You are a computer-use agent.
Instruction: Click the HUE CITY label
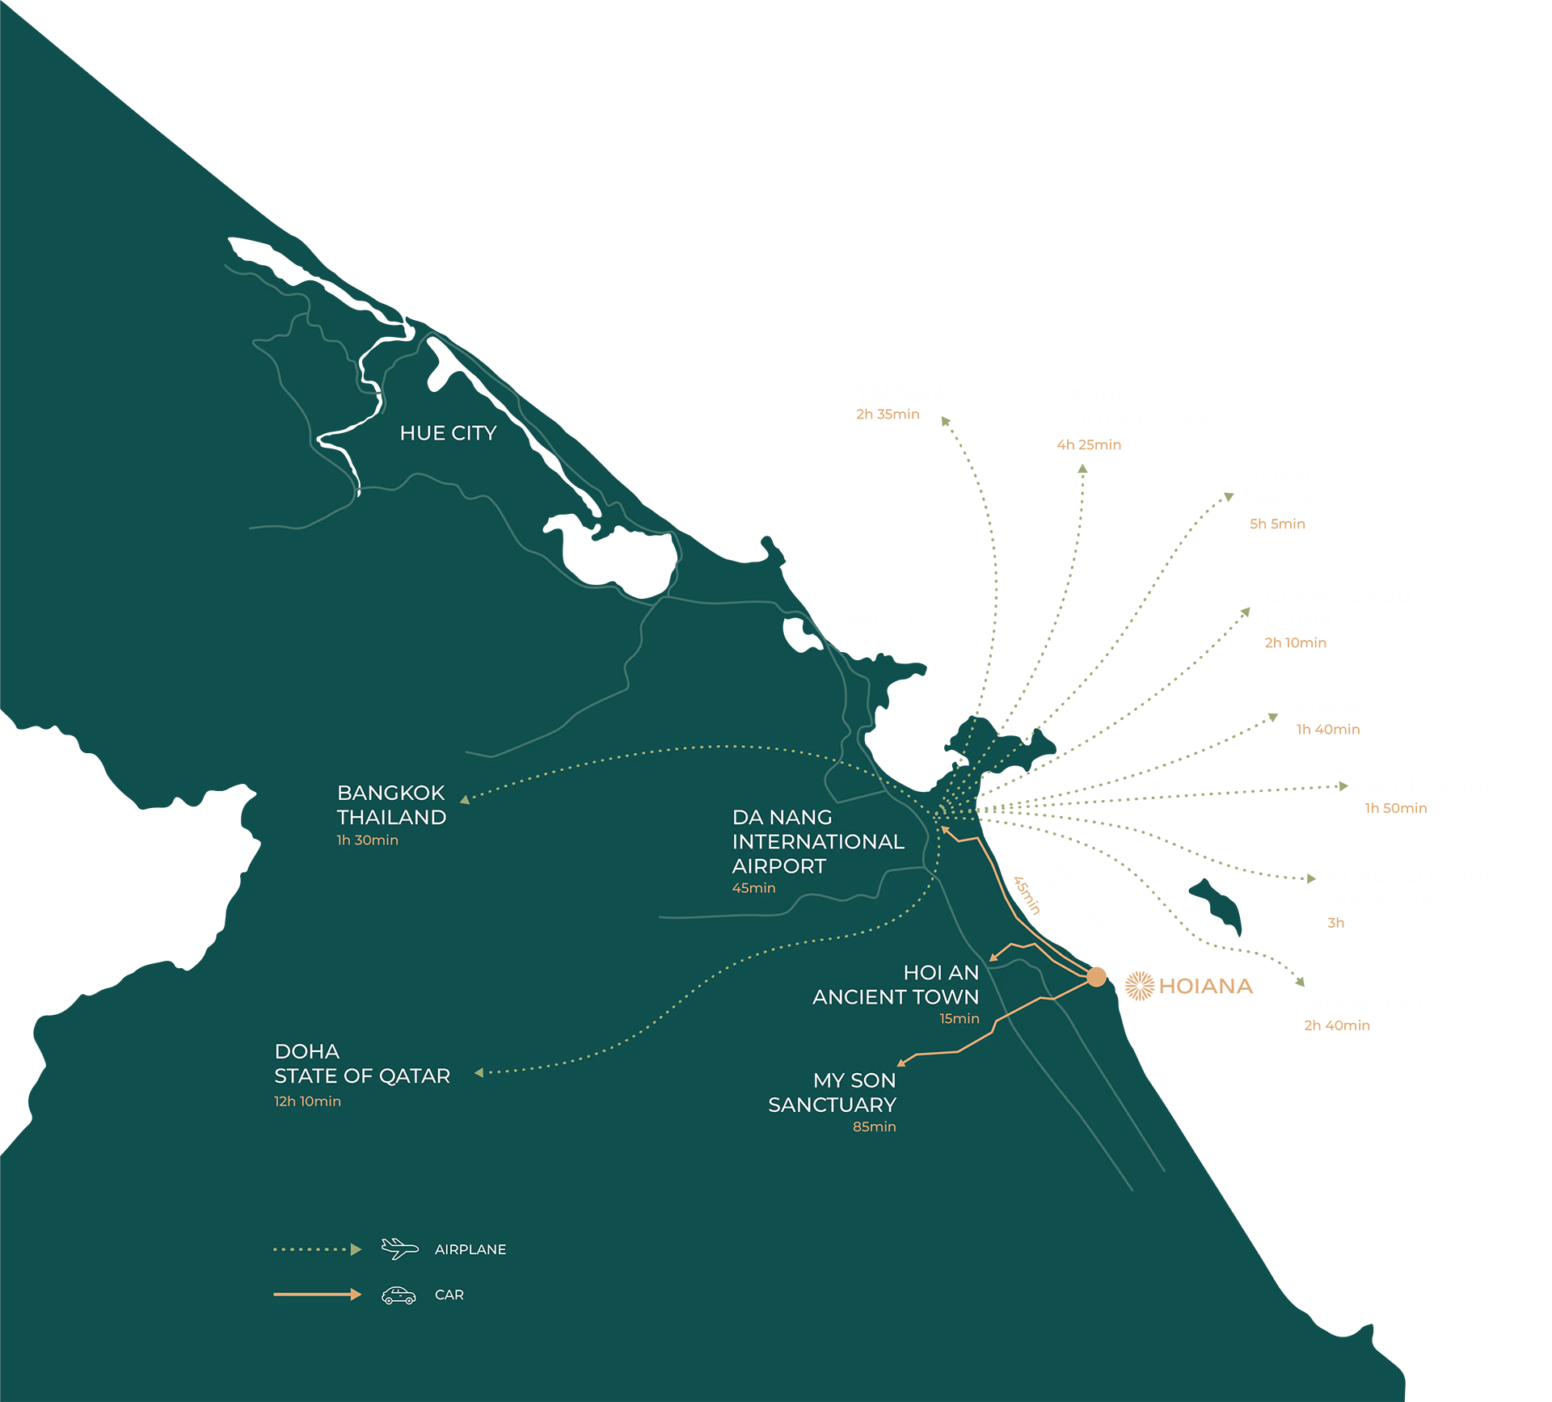(x=448, y=433)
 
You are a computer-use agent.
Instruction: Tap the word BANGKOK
(x=390, y=793)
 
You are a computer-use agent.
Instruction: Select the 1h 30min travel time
(x=367, y=840)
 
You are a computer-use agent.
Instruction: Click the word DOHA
(x=306, y=1051)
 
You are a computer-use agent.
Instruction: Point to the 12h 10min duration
(x=307, y=1101)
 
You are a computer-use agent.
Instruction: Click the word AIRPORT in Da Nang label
(x=778, y=866)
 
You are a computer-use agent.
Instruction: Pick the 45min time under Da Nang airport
(x=753, y=888)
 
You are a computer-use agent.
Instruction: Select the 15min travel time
(x=959, y=1019)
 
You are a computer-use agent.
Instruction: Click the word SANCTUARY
(x=832, y=1105)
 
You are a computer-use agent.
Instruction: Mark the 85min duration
(x=874, y=1127)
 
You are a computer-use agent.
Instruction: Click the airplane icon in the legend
(x=399, y=1248)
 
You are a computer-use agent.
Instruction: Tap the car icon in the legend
(x=399, y=1295)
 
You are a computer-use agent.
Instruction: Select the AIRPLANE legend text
(x=470, y=1249)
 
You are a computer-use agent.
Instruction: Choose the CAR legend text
(x=449, y=1295)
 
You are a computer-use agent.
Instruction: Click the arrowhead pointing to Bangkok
(x=465, y=799)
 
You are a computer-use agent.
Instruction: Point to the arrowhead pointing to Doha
(x=479, y=1072)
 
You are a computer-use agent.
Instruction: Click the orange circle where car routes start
(x=1095, y=979)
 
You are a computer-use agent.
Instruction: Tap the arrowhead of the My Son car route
(x=901, y=1063)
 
